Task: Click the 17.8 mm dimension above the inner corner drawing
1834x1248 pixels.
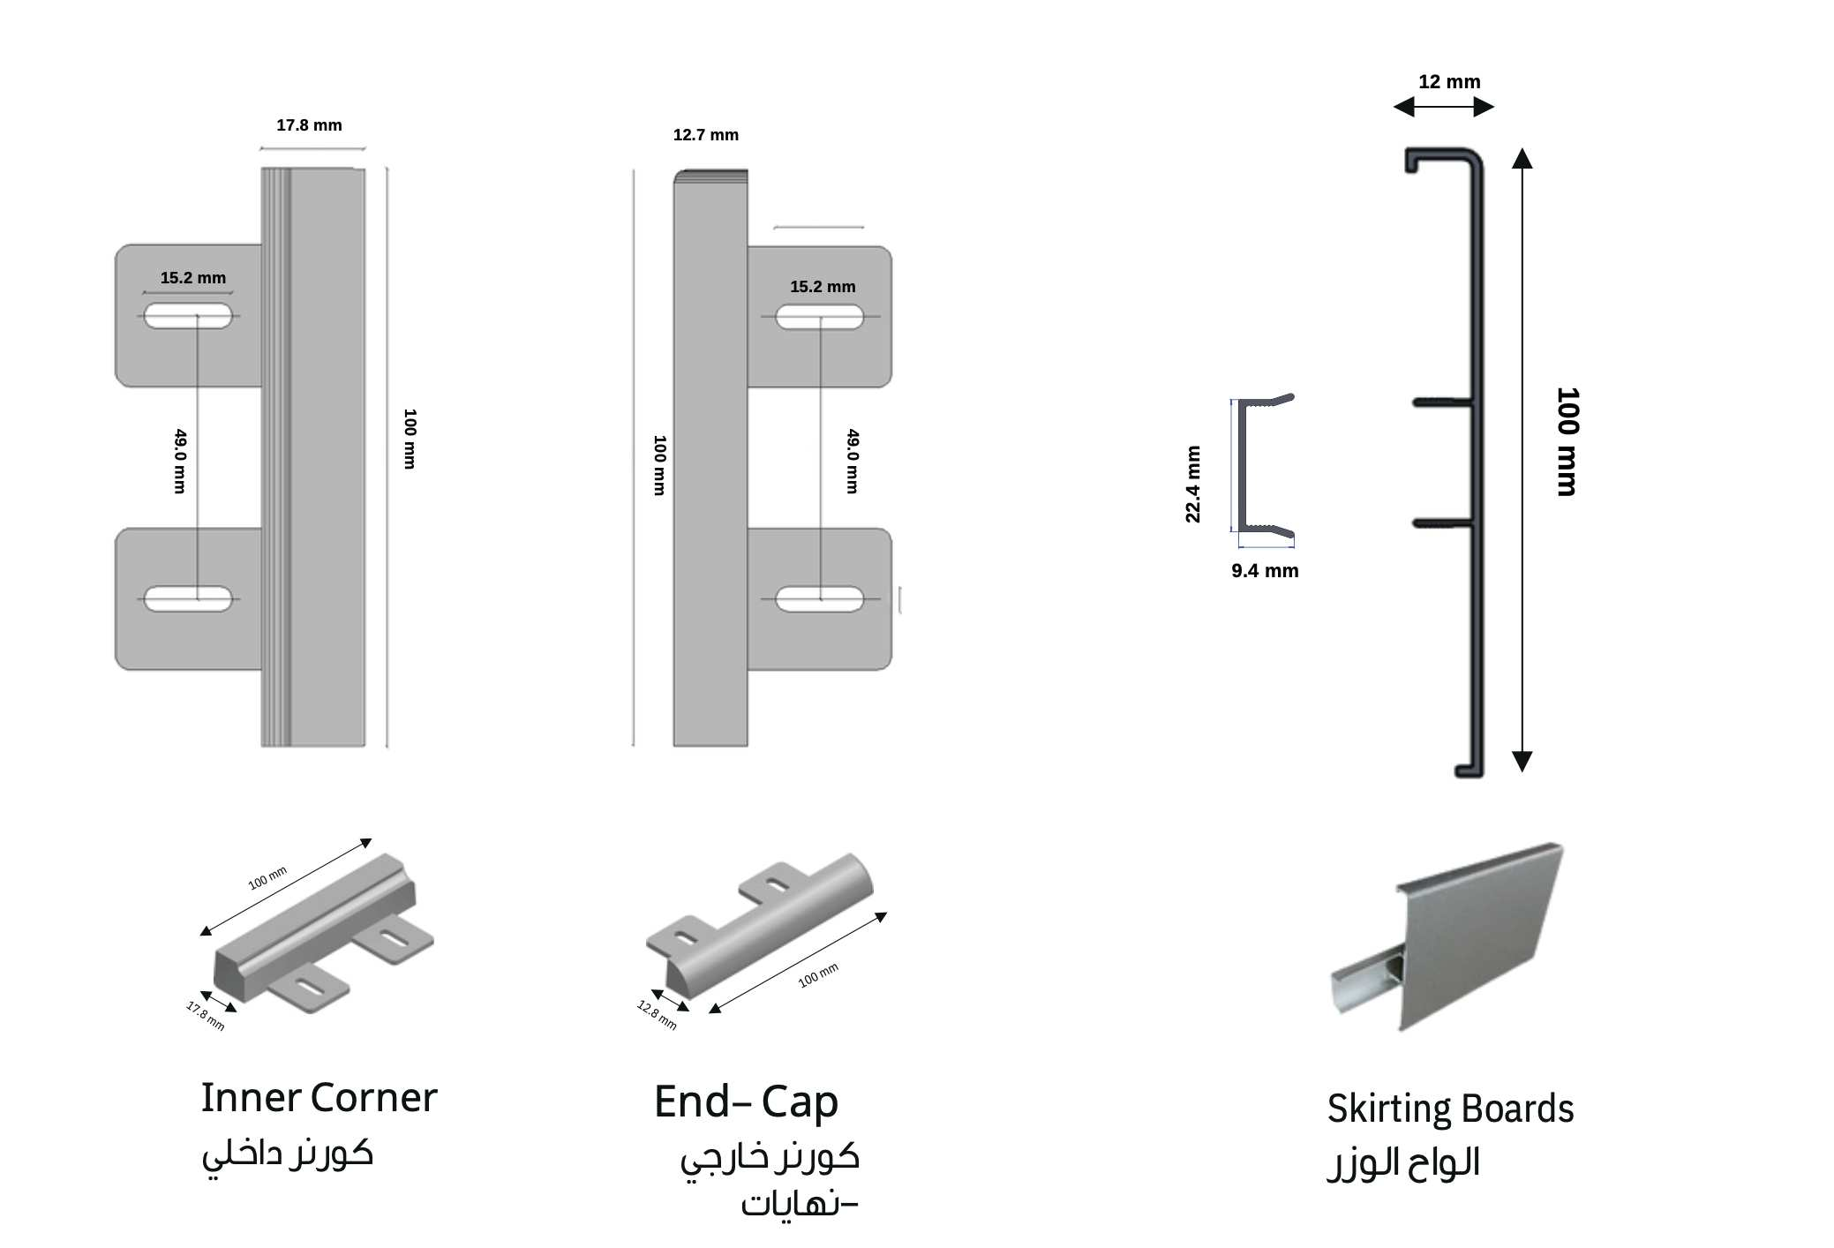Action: (309, 125)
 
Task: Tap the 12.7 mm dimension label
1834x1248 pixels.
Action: (705, 135)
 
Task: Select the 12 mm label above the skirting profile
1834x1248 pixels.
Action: (1448, 82)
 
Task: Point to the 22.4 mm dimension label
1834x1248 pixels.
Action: (1192, 484)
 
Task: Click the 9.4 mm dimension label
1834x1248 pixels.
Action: (1264, 571)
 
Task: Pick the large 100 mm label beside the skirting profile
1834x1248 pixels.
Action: (1567, 441)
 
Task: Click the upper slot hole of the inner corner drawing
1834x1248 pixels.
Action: (188, 315)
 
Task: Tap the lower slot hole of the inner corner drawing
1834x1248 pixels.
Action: (188, 598)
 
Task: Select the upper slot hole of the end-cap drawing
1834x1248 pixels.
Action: (819, 316)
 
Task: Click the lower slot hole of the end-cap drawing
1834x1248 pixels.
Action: (819, 598)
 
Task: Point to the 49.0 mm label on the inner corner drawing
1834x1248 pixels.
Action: (180, 461)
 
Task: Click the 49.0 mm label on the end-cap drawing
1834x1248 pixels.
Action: (852, 461)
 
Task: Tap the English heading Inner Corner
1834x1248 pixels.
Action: (319, 1098)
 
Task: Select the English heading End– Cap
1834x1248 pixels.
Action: (746, 1101)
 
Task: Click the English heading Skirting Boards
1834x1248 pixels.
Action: (1449, 1109)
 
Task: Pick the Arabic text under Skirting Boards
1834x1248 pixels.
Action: (1402, 1162)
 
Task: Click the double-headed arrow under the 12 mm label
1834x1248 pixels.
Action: (1443, 107)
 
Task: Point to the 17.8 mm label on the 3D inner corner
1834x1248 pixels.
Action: (205, 1015)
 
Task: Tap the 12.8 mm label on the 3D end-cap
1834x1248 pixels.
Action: (657, 1014)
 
